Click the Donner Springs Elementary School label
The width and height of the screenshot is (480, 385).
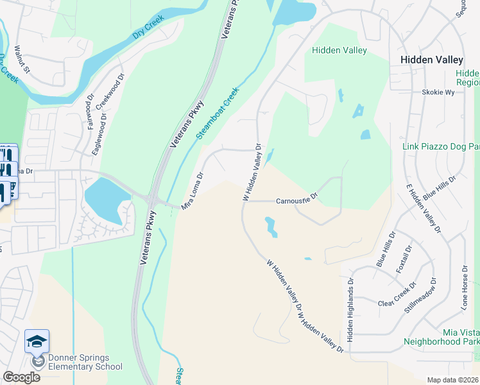coord(80,362)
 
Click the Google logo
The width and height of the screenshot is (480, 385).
coord(21,377)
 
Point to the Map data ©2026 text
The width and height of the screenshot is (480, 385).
coord(452,380)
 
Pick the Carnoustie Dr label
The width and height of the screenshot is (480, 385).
coord(297,200)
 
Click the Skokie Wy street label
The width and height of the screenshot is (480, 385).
coord(438,92)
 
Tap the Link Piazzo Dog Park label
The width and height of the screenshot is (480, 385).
coord(440,147)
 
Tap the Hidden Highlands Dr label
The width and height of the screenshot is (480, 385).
coord(350,309)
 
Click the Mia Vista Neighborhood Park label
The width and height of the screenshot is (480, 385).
coord(441,337)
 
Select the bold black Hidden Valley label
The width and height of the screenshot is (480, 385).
coord(431,59)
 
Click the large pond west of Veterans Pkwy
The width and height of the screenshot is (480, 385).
coord(105,200)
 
